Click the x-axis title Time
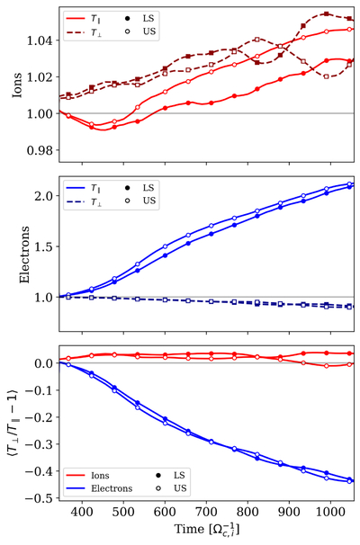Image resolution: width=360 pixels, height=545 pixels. click(190, 529)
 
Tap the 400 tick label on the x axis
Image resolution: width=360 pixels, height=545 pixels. click(82, 512)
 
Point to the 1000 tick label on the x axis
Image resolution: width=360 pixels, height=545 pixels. click(330, 512)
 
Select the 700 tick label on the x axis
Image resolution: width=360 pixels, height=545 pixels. click(206, 512)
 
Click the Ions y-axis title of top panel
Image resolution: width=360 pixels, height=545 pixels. click(17, 85)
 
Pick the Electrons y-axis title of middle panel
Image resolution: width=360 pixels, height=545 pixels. click(24, 255)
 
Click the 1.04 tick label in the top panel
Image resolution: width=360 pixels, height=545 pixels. click(40, 40)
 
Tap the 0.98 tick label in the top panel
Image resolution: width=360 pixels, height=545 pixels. click(40, 150)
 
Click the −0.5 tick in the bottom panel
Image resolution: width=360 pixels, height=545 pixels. click(40, 498)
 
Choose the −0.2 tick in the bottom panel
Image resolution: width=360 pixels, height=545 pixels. click(40, 417)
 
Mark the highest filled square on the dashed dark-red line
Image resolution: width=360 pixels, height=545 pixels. click(327, 13)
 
